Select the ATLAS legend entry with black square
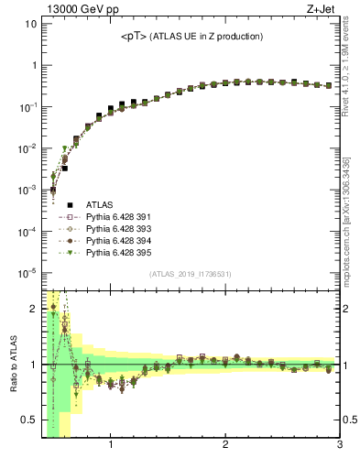99,205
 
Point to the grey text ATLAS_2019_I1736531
190,274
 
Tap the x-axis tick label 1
111,446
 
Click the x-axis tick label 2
225,446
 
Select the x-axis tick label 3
339,446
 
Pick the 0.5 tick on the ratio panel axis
29,421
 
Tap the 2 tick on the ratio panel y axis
33,309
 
